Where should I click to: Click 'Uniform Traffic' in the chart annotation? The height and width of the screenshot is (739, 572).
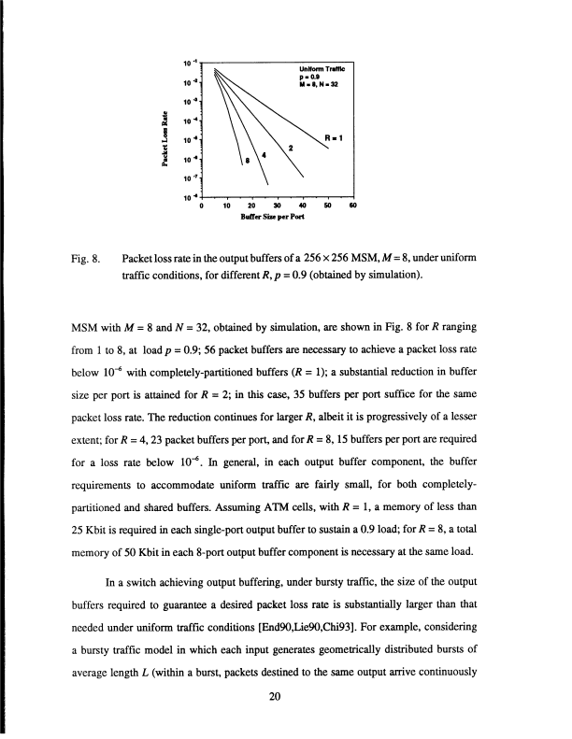[x=322, y=71]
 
